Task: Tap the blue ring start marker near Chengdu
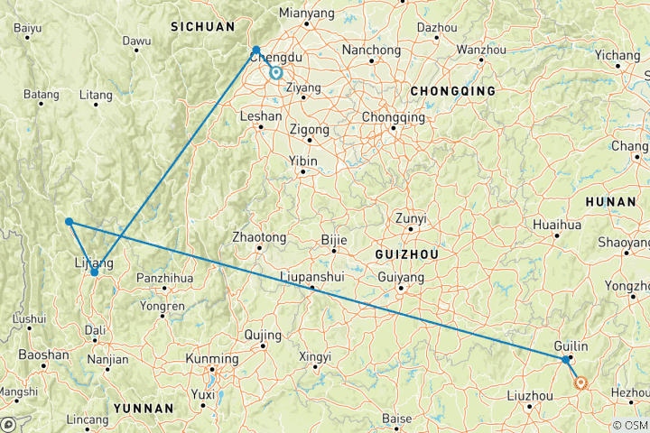point(276,74)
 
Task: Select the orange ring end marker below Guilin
point(581,382)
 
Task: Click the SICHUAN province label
point(203,27)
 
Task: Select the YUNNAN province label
point(141,409)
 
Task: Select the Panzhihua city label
point(164,278)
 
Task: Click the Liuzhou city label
point(530,396)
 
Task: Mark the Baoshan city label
point(42,355)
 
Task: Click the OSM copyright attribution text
point(630,424)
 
